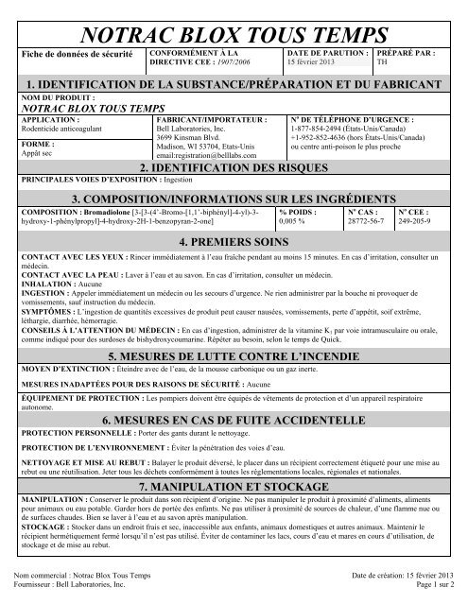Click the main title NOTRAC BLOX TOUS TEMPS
pyautogui.click(x=234, y=24)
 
